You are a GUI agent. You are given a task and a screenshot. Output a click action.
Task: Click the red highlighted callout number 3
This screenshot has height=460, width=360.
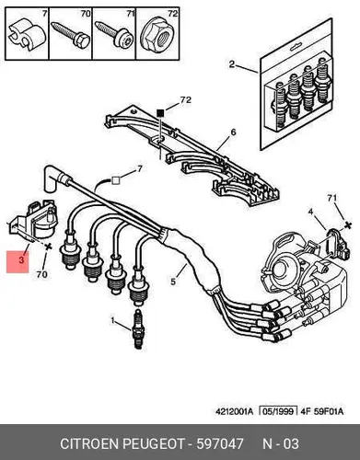(21, 260)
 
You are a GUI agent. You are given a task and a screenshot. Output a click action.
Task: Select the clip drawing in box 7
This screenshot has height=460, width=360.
(27, 35)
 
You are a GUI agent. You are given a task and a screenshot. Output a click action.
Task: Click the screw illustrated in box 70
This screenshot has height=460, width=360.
(71, 33)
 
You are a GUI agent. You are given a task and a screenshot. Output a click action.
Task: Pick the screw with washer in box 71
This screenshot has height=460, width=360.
(114, 34)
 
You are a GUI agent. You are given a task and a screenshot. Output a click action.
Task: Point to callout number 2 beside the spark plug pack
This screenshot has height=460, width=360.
(232, 64)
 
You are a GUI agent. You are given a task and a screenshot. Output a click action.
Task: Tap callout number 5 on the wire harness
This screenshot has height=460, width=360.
(173, 282)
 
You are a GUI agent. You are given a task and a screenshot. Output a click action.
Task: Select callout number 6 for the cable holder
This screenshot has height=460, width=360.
(234, 132)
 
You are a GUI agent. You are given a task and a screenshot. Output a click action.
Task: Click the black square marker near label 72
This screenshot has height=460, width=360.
(160, 113)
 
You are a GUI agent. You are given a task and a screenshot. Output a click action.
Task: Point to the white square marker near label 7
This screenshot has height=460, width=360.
(116, 180)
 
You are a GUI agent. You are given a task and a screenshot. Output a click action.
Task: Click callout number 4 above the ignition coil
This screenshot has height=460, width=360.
(310, 212)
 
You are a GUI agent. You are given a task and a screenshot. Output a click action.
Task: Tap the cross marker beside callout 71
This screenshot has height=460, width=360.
(348, 225)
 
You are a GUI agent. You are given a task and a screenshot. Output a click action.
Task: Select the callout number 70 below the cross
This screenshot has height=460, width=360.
(42, 274)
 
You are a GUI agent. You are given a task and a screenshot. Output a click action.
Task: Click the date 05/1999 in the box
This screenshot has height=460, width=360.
(278, 411)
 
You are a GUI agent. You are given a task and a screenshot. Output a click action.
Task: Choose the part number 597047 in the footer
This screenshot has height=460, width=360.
(220, 443)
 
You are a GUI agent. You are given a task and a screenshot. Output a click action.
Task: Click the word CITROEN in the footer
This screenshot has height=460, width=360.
(88, 443)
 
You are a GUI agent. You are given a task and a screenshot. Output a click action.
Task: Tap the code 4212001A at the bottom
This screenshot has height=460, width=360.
(235, 411)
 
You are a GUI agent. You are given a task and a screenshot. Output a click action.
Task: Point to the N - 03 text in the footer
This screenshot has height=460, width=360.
(281, 443)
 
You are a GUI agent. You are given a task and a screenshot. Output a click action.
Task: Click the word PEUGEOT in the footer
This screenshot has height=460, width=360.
(154, 443)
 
